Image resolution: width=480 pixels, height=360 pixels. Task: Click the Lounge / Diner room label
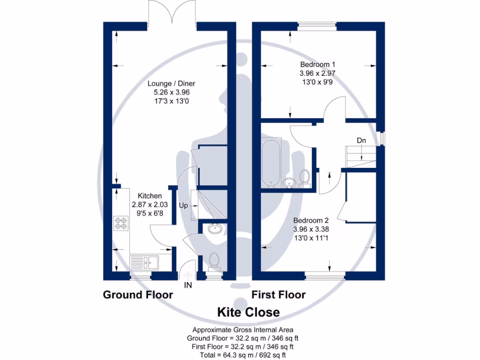[171, 83]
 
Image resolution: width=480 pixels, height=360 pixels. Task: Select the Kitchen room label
[150, 195]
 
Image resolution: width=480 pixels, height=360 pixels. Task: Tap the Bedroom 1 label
[317, 64]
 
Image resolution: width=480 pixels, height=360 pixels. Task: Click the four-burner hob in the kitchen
[120, 224]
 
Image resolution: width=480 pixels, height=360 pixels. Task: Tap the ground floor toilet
[214, 261]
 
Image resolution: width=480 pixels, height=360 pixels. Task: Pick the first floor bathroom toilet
[304, 178]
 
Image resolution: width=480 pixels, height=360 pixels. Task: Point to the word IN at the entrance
[188, 284]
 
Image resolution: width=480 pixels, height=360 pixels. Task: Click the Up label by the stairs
[184, 205]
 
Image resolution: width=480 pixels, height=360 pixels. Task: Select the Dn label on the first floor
[361, 140]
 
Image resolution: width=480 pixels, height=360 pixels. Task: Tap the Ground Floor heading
[138, 295]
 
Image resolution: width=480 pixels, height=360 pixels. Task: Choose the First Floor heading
[278, 295]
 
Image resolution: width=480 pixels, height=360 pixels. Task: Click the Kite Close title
[248, 312]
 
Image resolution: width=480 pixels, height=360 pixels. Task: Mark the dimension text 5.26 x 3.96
[171, 92]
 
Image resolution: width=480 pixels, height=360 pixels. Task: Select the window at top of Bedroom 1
[317, 27]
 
